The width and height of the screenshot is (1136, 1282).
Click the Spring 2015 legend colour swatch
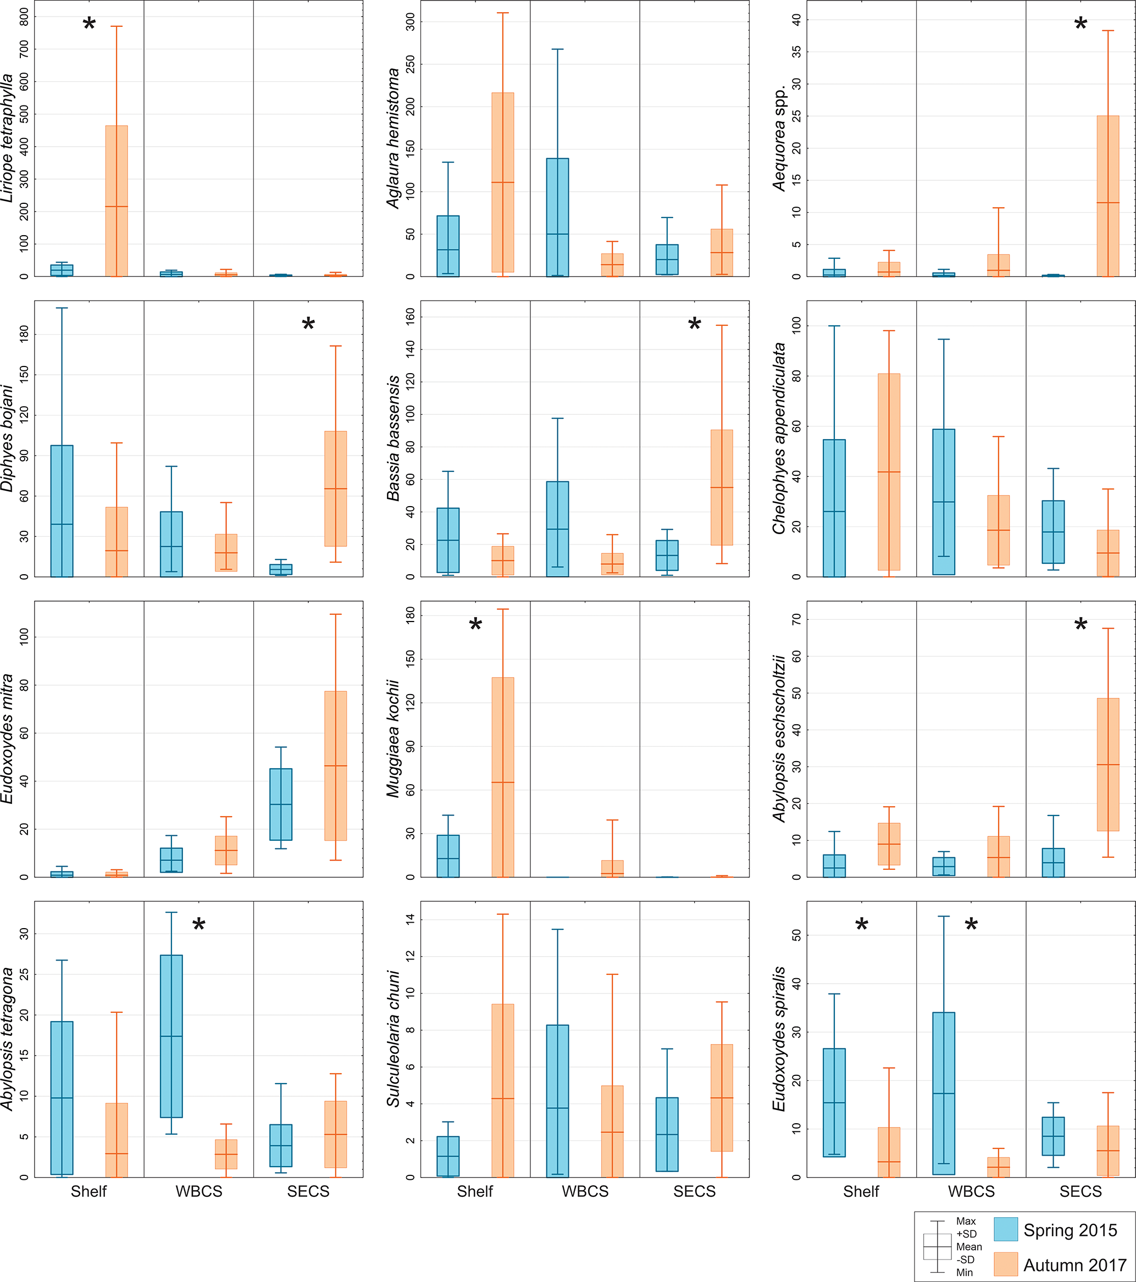pos(1006,1229)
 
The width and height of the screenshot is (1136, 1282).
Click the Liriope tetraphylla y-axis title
pos(8,138)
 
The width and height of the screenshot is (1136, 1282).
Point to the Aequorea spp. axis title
pos(780,137)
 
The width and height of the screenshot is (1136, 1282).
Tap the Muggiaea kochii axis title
pos(394,739)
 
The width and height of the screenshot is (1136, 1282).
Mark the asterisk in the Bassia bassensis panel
pos(694,325)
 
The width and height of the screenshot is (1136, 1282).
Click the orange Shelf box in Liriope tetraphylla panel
pos(117,201)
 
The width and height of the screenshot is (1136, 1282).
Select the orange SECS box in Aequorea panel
pos(1108,196)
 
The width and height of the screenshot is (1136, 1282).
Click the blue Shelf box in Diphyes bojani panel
pos(62,510)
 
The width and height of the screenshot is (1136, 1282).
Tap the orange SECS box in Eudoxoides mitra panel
pos(336,765)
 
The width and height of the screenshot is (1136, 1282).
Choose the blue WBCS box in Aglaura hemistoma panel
pos(558,217)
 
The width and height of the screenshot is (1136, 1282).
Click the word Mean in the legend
pos(968,1247)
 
